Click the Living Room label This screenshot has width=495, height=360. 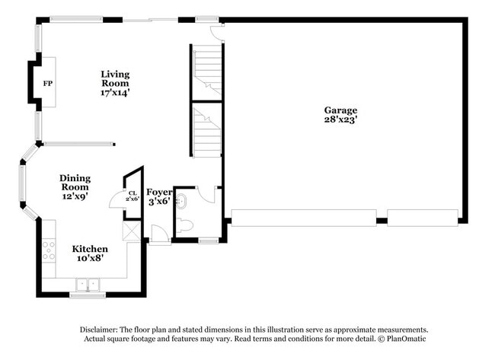(x=116, y=78)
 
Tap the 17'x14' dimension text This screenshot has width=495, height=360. (x=116, y=93)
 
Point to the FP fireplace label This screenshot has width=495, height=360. (x=47, y=83)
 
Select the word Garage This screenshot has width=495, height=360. (x=340, y=110)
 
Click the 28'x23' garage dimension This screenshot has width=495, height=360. (x=340, y=119)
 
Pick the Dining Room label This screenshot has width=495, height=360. (x=75, y=183)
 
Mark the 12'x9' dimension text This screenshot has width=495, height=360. (x=75, y=196)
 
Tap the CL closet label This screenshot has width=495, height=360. (x=132, y=194)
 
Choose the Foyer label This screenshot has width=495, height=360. (x=159, y=192)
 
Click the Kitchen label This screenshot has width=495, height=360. (x=90, y=249)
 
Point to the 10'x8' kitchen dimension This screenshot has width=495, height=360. (x=90, y=258)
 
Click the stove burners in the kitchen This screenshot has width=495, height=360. (x=49, y=250)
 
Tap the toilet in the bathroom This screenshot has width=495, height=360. (x=184, y=225)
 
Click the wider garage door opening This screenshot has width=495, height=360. (x=303, y=218)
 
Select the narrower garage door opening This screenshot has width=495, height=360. (x=422, y=218)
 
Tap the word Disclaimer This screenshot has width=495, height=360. (x=103, y=329)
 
